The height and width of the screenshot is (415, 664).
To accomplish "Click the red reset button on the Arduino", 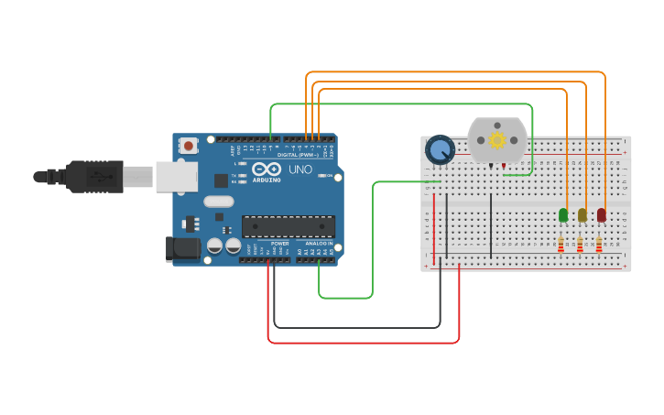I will (x=189, y=145).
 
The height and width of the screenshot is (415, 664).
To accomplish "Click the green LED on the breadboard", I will (x=563, y=215).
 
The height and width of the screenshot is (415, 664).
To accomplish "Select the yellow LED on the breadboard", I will (x=582, y=215).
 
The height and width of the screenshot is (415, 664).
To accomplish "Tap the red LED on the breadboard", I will (x=602, y=215).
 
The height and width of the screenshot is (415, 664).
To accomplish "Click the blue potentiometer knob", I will (x=441, y=149).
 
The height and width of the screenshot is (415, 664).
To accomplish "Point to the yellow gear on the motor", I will (x=497, y=140).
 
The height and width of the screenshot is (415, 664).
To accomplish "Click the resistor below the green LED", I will (x=561, y=245).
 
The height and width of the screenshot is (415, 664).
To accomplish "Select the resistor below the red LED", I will (x=599, y=245).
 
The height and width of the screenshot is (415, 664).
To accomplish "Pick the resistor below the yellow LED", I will (x=580, y=245).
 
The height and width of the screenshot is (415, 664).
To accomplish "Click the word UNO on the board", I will (x=301, y=169).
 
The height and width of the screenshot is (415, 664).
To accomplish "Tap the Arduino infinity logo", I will (x=266, y=169).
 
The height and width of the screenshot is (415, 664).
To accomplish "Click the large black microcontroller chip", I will (x=288, y=226).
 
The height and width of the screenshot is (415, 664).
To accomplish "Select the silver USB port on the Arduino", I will (x=176, y=176).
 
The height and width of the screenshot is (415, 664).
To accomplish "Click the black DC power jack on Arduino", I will (x=181, y=248).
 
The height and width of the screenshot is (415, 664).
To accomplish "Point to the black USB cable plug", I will (x=93, y=176).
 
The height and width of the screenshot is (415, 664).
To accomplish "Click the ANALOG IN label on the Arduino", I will (x=319, y=244).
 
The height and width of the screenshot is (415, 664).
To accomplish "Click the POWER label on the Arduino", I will (x=280, y=244).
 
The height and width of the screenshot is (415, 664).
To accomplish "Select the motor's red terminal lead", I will (x=503, y=166).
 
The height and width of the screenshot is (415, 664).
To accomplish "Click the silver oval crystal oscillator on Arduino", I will (x=219, y=202).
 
